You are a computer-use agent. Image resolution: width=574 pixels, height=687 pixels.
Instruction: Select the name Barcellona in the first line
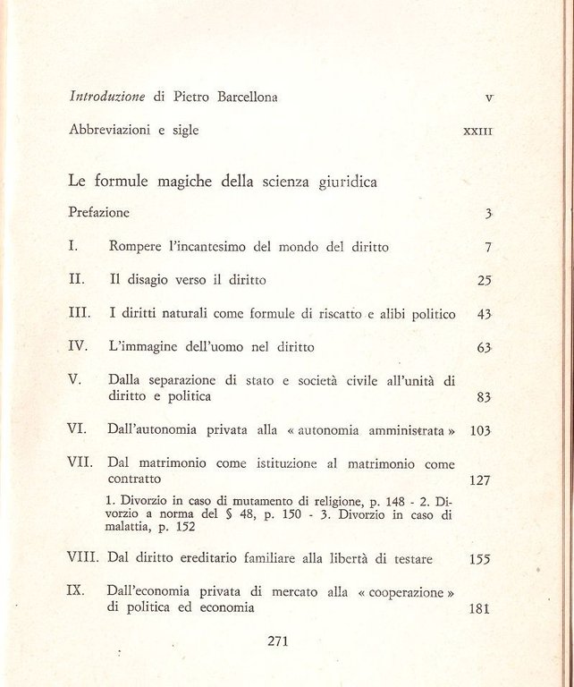[243, 97]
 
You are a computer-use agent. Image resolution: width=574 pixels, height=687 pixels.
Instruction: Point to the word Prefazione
[99, 213]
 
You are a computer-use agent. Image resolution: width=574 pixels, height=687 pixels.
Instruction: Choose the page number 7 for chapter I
[488, 247]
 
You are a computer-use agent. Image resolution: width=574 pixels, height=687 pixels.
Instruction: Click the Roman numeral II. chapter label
[77, 279]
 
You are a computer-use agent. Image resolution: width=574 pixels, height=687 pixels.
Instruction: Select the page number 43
[485, 314]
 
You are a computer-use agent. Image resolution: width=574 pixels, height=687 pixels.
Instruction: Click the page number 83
[485, 396]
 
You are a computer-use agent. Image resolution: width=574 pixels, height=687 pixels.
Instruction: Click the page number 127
[480, 480]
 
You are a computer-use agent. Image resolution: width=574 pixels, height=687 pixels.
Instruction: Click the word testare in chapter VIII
[407, 559]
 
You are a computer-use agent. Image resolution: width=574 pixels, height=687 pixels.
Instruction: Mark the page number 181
[480, 608]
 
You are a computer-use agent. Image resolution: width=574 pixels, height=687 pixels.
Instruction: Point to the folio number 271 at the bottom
[278, 640]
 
